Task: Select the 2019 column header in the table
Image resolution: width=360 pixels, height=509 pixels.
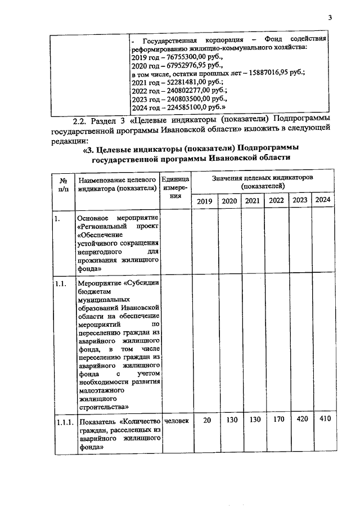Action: pos(204,201)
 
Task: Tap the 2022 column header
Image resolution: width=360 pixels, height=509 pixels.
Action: pos(276,201)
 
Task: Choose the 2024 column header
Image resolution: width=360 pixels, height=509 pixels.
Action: pos(322,200)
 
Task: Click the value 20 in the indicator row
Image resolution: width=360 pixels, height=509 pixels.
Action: pos(207,420)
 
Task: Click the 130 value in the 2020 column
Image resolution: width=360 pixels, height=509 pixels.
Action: pos(230,420)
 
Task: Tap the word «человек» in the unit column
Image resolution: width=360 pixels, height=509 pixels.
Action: pos(176,420)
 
